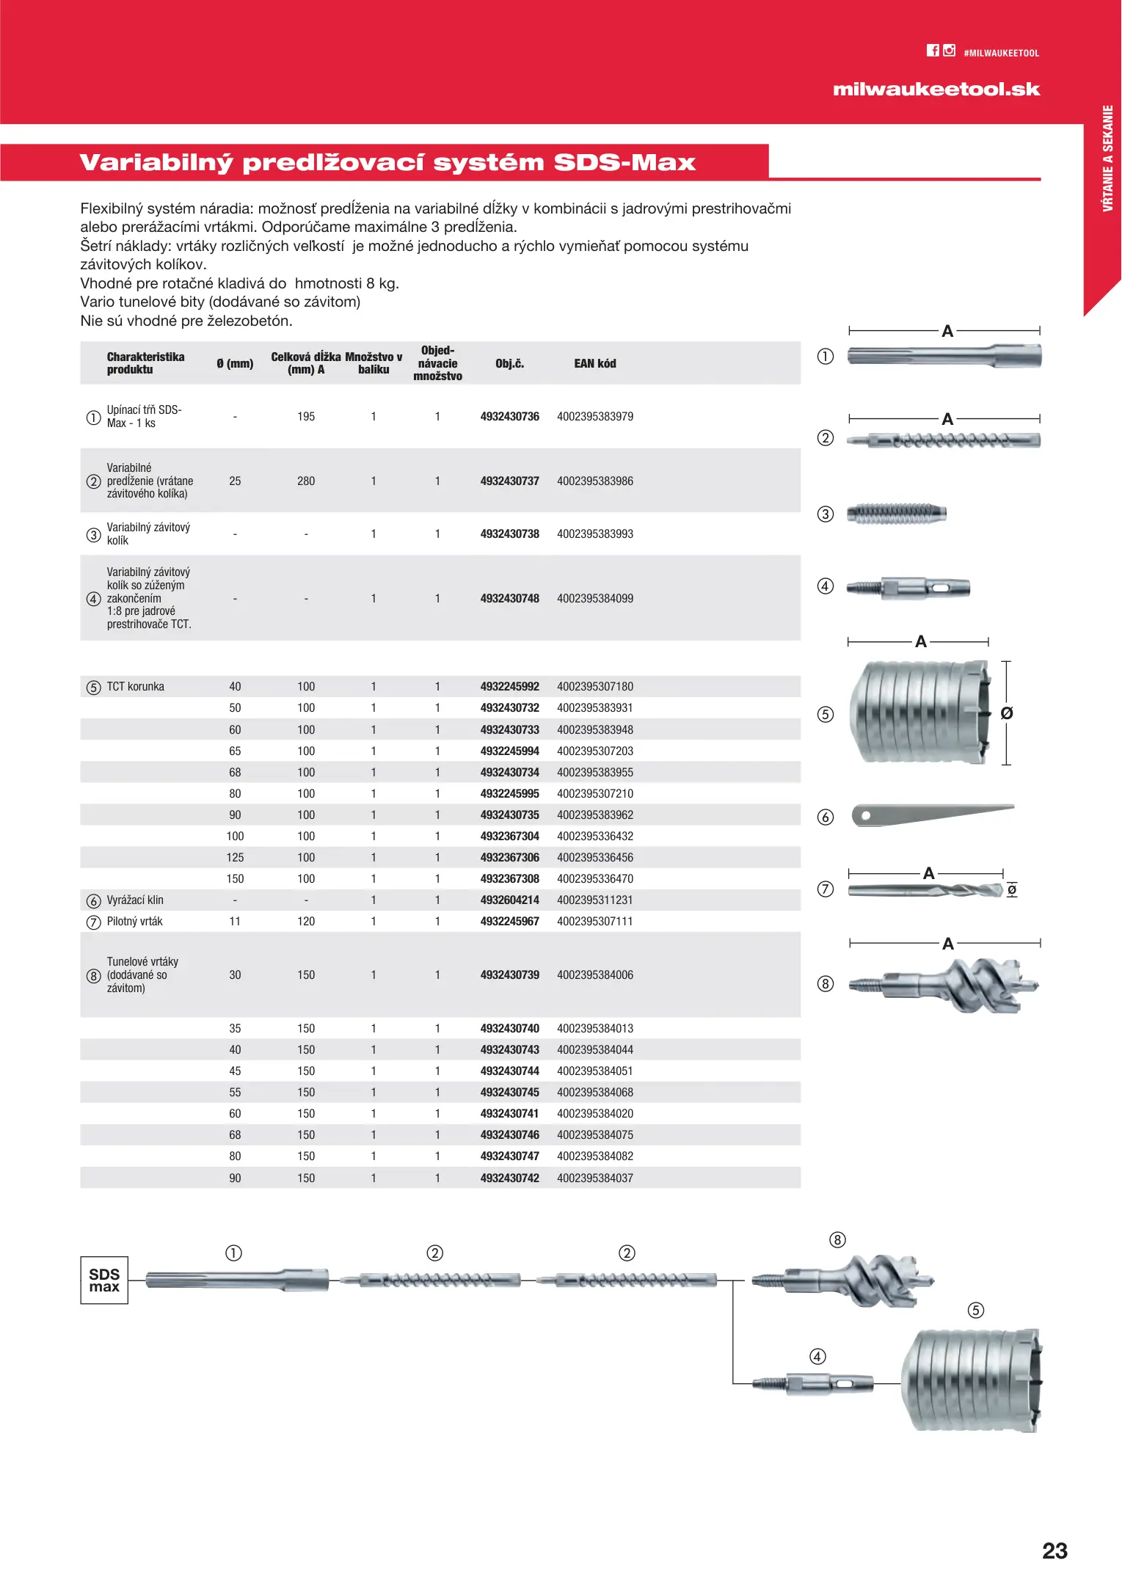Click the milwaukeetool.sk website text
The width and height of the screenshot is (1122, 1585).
pyautogui.click(x=936, y=90)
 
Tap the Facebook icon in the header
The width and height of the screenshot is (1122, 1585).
pyautogui.click(x=933, y=51)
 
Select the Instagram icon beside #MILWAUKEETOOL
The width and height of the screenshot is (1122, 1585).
pyautogui.click(x=950, y=51)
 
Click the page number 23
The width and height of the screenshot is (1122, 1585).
pyautogui.click(x=1054, y=1551)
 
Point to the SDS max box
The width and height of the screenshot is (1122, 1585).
pyautogui.click(x=104, y=1280)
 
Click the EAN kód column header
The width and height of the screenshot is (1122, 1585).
pyautogui.click(x=595, y=363)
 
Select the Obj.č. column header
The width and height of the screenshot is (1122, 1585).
pyautogui.click(x=509, y=363)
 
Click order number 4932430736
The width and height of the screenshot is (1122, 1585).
pyautogui.click(x=509, y=416)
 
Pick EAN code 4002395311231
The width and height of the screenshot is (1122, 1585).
pyautogui.click(x=595, y=900)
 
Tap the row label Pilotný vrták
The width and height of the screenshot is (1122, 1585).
pyautogui.click(x=135, y=921)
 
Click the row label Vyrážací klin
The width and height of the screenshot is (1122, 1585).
pyautogui.click(x=135, y=900)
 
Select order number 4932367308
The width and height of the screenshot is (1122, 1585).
pyautogui.click(x=509, y=878)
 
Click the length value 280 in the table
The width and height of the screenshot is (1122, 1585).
pyautogui.click(x=306, y=481)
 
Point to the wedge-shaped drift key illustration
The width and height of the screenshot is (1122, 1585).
pyautogui.click(x=932, y=814)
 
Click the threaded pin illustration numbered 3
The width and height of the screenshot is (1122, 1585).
pyautogui.click(x=896, y=514)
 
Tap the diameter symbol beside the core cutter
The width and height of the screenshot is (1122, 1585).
pyautogui.click(x=1007, y=713)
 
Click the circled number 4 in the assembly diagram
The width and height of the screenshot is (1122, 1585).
pyautogui.click(x=817, y=1357)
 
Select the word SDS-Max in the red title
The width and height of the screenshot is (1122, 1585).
pyautogui.click(x=624, y=162)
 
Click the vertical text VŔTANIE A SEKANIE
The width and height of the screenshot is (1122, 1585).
pyautogui.click(x=1107, y=158)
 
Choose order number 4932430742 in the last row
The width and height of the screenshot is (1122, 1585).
pyautogui.click(x=509, y=1178)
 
